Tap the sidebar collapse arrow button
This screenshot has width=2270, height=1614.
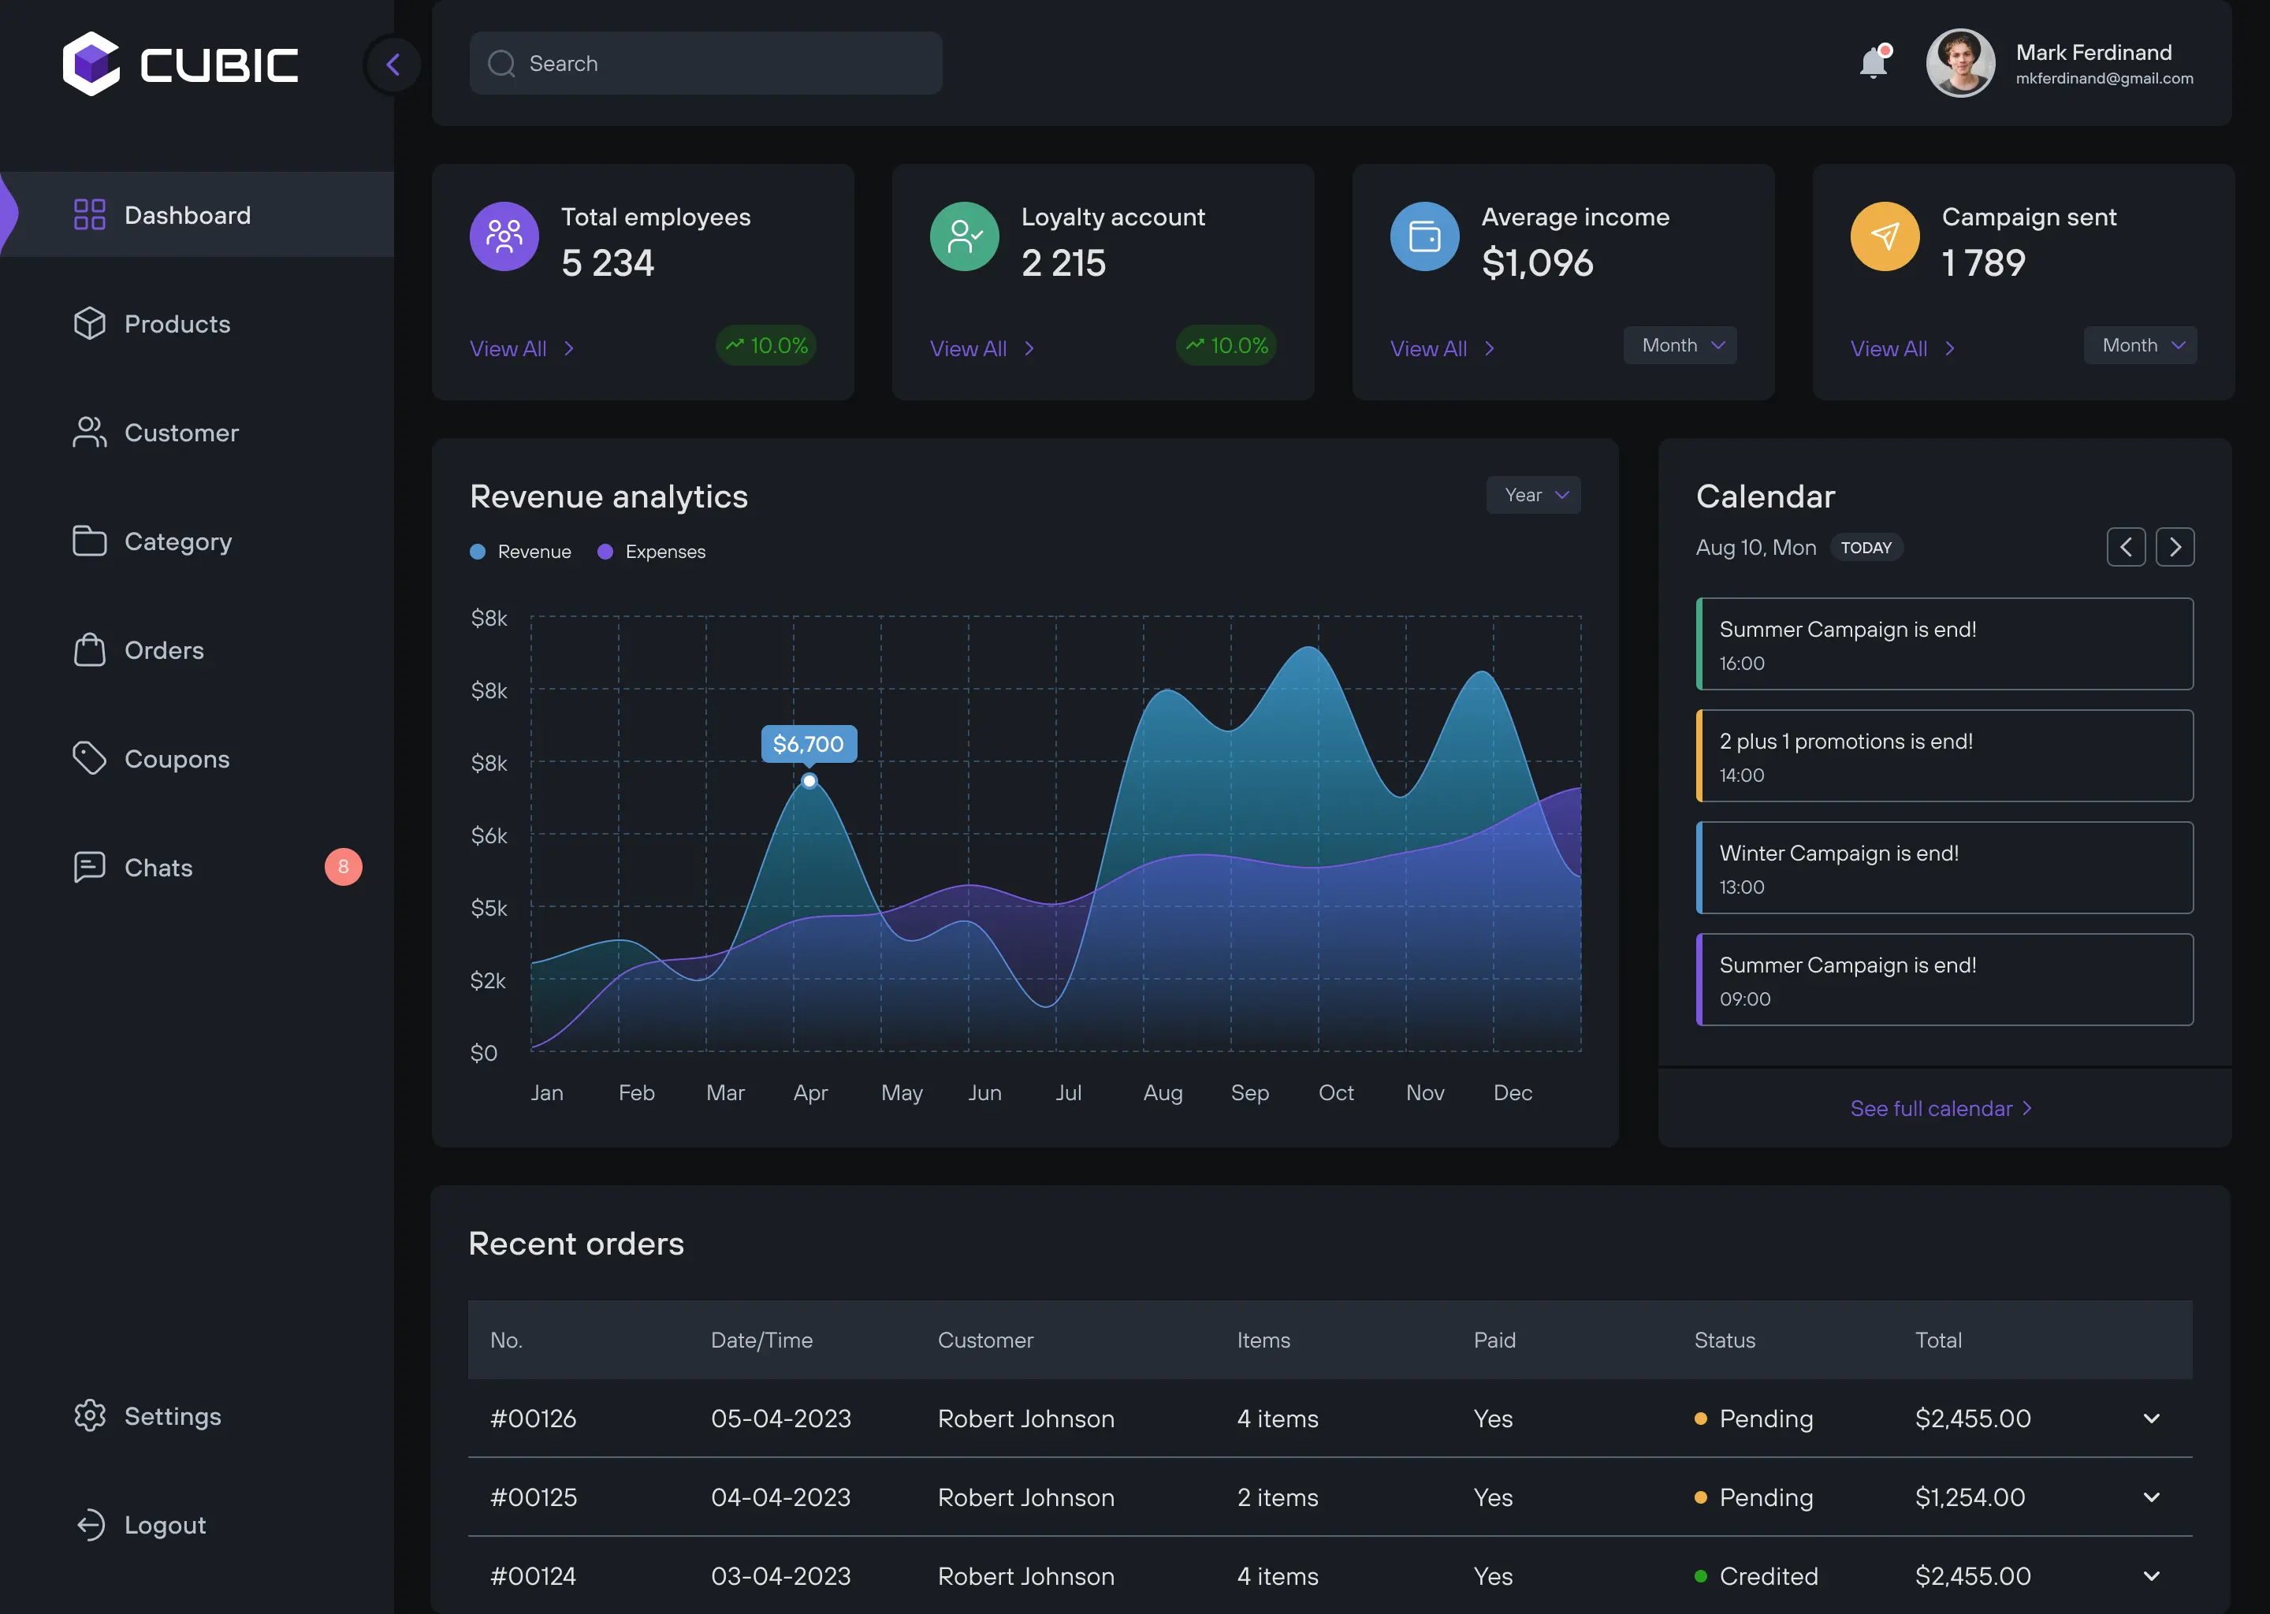(x=393, y=65)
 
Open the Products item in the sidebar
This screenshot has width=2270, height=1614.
(x=176, y=324)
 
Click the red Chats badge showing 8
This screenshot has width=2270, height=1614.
(x=343, y=867)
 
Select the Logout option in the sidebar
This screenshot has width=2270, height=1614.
(x=164, y=1525)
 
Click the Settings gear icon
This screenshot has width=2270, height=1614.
(x=89, y=1415)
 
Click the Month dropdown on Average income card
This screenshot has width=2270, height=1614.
(x=1680, y=345)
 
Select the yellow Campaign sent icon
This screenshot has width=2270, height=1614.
(x=1885, y=236)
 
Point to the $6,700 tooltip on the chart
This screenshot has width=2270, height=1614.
(x=808, y=743)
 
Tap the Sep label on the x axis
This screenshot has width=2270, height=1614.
(x=1249, y=1092)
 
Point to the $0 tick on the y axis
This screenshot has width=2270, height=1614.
(x=484, y=1052)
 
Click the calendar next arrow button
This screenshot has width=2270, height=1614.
(x=2175, y=547)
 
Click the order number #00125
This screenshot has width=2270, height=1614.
(x=534, y=1497)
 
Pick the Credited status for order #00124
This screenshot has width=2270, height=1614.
(x=1767, y=1575)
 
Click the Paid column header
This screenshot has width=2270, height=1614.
(x=1494, y=1340)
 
